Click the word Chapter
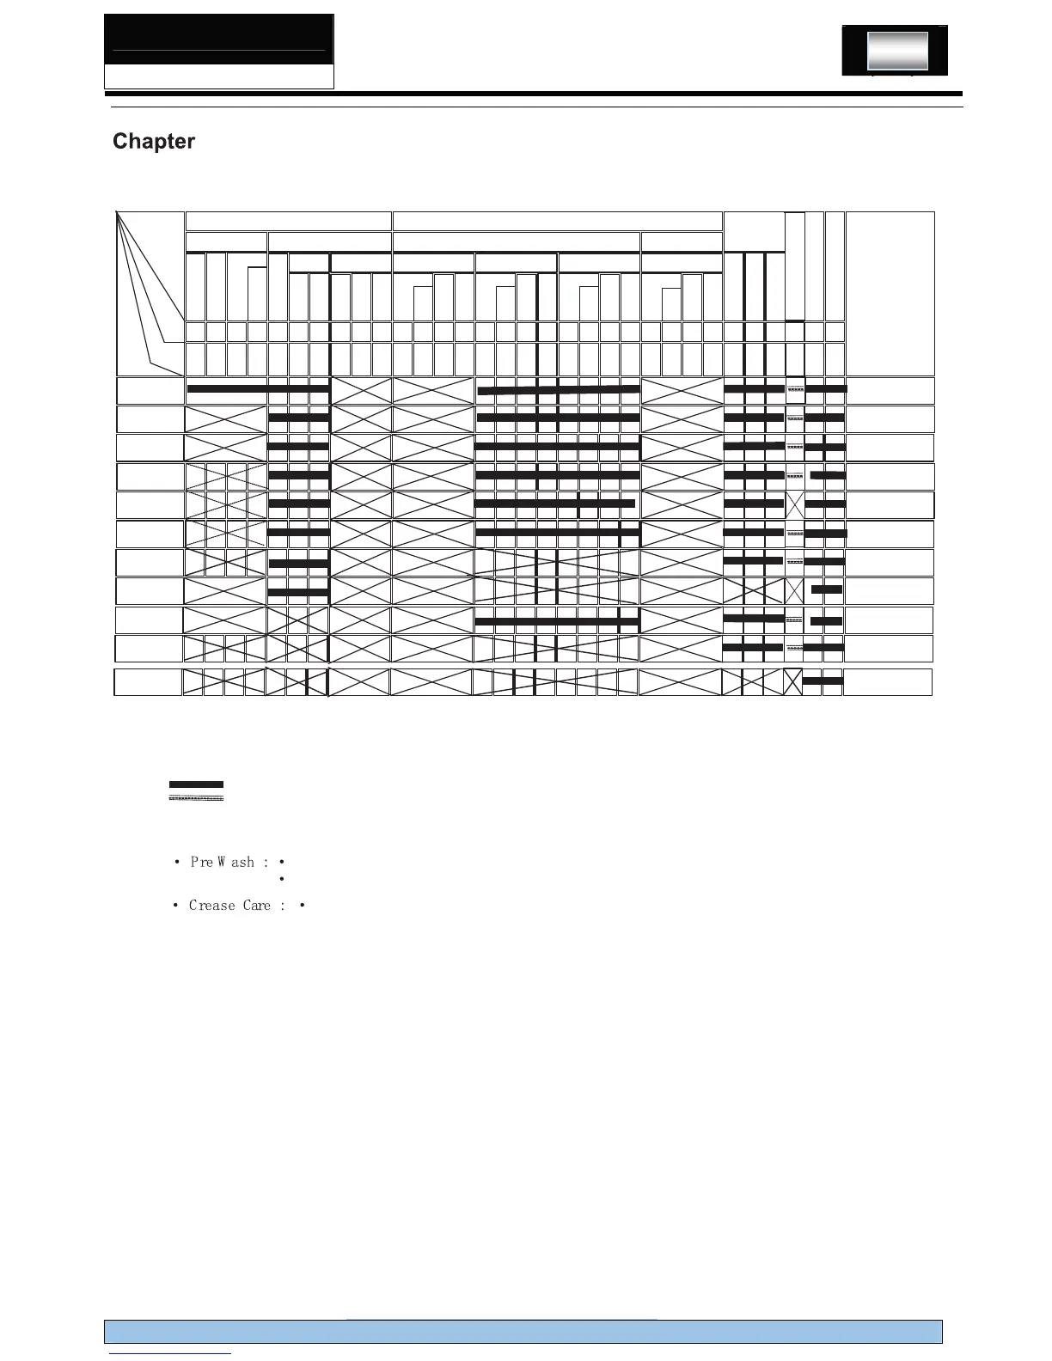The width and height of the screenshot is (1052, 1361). [154, 142]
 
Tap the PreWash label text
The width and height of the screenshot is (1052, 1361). [223, 862]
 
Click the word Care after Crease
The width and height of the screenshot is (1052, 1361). [256, 906]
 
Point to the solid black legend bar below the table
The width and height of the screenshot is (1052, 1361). [196, 784]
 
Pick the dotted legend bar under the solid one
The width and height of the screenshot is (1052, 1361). [196, 799]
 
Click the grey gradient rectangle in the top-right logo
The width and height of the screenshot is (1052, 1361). [897, 52]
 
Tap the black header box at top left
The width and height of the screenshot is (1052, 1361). [219, 39]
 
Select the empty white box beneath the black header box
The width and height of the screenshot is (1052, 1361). [219, 76]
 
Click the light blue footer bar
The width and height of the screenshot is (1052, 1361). [523, 1331]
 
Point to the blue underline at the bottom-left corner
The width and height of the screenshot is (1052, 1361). [171, 1353]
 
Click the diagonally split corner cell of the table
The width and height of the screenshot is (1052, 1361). [150, 293]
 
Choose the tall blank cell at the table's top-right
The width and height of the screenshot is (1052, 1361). [890, 293]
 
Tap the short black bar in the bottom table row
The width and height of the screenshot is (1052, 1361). [823, 681]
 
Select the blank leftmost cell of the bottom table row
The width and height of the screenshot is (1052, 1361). [148, 682]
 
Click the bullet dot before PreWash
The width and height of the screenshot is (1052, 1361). [176, 862]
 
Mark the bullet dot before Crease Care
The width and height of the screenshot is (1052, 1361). [175, 906]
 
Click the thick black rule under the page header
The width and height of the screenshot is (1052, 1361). [533, 93]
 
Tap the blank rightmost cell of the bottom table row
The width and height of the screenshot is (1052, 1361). [887, 682]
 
